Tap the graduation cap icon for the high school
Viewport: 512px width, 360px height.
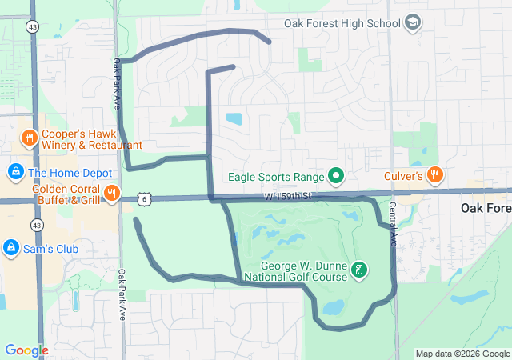click(x=413, y=22)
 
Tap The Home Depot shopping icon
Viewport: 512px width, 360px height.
click(x=15, y=172)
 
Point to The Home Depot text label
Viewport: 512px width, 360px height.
click(x=68, y=172)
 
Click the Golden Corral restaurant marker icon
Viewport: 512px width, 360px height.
click(x=111, y=192)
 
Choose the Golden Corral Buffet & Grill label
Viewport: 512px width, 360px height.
click(x=66, y=194)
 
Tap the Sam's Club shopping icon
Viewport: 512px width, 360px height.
click(x=12, y=249)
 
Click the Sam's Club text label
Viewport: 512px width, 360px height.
click(x=51, y=249)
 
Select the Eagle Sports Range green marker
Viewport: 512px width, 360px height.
click(x=337, y=176)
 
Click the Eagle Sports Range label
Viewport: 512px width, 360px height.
click(x=276, y=177)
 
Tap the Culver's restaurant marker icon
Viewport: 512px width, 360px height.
click(x=434, y=174)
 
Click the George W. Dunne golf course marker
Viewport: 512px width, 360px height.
click(x=360, y=270)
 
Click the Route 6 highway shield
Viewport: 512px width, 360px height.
click(x=142, y=198)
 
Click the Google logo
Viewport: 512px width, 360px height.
click(x=26, y=350)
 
